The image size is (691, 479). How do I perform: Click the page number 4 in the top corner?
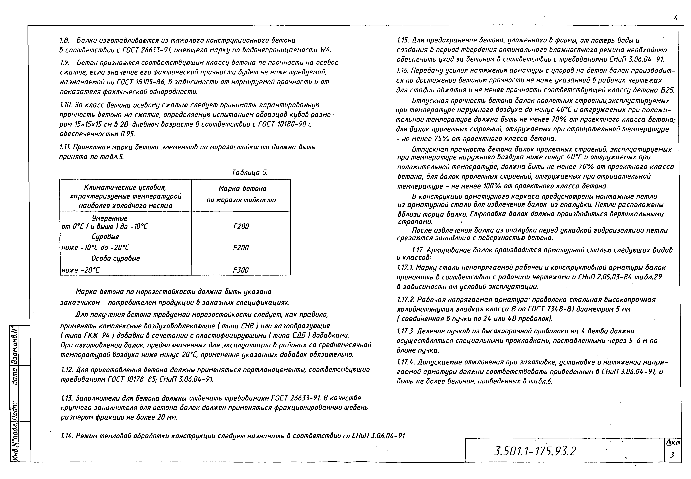[676, 18]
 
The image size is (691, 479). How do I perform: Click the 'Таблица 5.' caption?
[249, 173]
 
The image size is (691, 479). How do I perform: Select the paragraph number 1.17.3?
[406, 331]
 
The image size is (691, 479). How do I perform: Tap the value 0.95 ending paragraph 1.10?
[127, 134]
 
